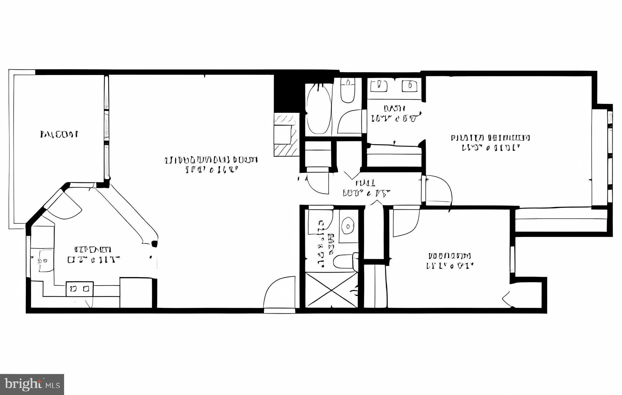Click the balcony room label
click(x=59, y=134)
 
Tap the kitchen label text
click(x=93, y=255)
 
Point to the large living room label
click(x=211, y=164)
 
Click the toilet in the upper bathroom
click(x=347, y=90)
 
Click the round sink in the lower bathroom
click(x=348, y=226)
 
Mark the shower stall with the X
click(x=331, y=290)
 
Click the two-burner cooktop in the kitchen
click(x=80, y=289)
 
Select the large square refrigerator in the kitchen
click(x=136, y=292)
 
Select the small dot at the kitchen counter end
click(x=155, y=243)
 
